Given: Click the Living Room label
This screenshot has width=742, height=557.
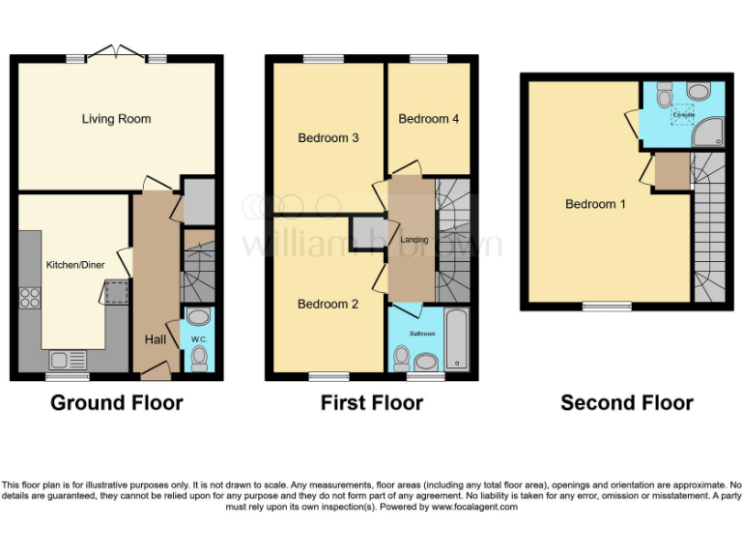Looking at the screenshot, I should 116,119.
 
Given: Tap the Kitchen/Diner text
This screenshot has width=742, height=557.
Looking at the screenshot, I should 74,263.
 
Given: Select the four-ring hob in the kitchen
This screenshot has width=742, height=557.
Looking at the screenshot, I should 30,297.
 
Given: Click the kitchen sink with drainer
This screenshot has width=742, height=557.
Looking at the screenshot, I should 69,360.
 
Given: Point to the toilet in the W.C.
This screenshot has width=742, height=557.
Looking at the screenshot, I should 199,359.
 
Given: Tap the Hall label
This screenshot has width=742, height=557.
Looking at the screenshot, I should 155,339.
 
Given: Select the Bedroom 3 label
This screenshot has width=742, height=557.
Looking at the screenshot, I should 328,138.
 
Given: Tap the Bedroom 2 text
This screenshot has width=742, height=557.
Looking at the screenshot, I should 328,304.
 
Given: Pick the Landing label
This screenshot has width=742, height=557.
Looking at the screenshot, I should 413,240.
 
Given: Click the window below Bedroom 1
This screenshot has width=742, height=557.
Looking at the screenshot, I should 607,307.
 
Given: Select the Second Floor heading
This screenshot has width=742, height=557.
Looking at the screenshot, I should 626,403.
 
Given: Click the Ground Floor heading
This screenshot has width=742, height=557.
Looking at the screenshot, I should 116,403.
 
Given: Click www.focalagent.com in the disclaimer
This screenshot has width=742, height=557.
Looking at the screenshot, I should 475,507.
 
